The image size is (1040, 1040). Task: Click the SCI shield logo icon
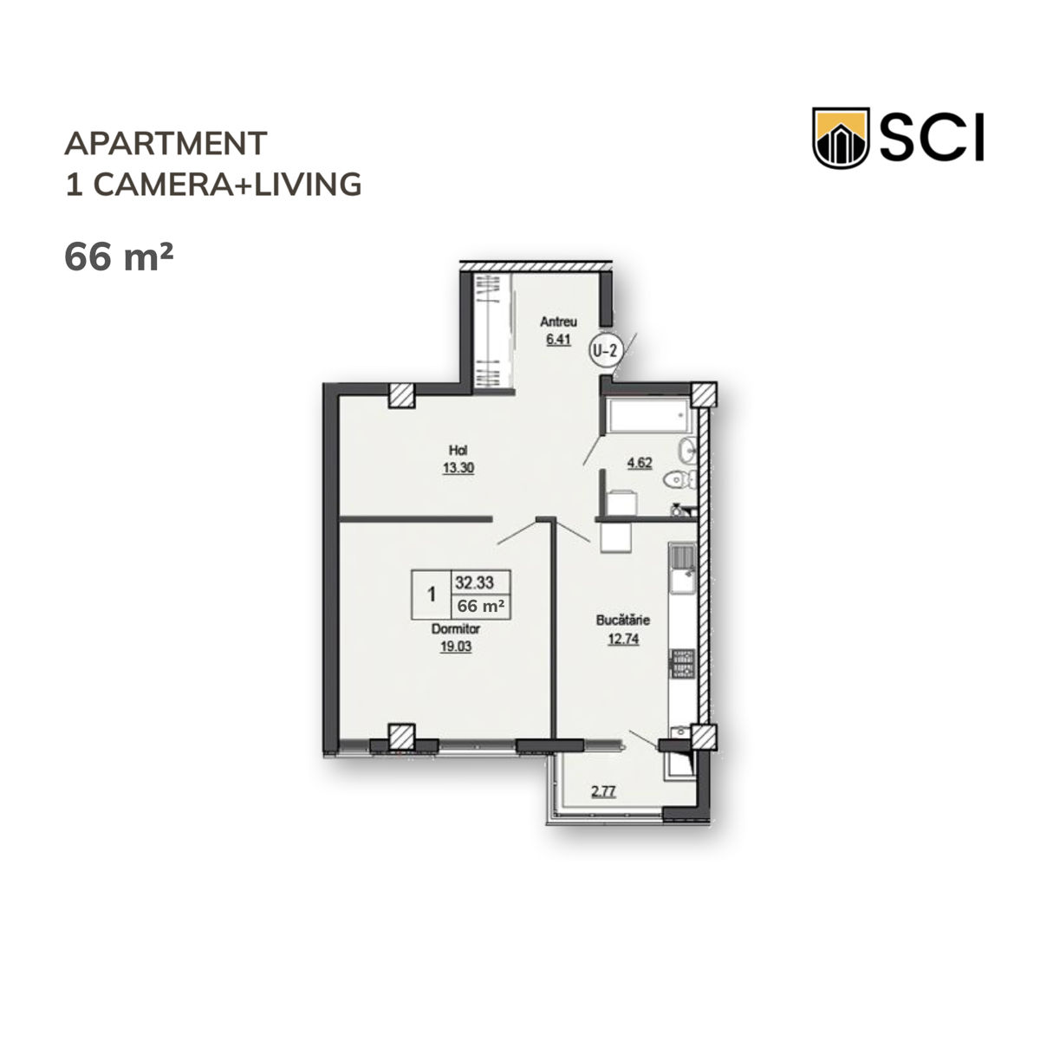click(x=840, y=138)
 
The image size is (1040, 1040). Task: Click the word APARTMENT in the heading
click(x=166, y=143)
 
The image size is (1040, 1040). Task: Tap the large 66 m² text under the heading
click(x=119, y=256)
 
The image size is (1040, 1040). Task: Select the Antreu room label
click(x=559, y=322)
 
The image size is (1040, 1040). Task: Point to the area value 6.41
click(x=559, y=340)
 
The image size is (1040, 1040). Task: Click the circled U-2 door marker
click(x=605, y=351)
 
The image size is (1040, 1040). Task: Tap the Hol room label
click(x=458, y=450)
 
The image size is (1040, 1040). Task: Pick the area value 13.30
click(x=458, y=468)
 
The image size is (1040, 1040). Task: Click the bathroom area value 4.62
click(x=639, y=463)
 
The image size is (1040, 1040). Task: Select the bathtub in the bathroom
click(x=648, y=416)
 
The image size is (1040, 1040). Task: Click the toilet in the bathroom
click(x=679, y=478)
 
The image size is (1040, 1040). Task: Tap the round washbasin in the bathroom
click(x=687, y=450)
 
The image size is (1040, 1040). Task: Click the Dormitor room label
click(x=456, y=628)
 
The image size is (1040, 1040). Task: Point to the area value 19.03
click(x=456, y=647)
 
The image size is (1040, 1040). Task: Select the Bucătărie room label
click(x=623, y=621)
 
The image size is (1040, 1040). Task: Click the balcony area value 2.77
click(x=603, y=792)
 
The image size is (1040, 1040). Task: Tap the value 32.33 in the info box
click(x=474, y=582)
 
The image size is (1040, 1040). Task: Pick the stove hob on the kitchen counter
click(x=683, y=664)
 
